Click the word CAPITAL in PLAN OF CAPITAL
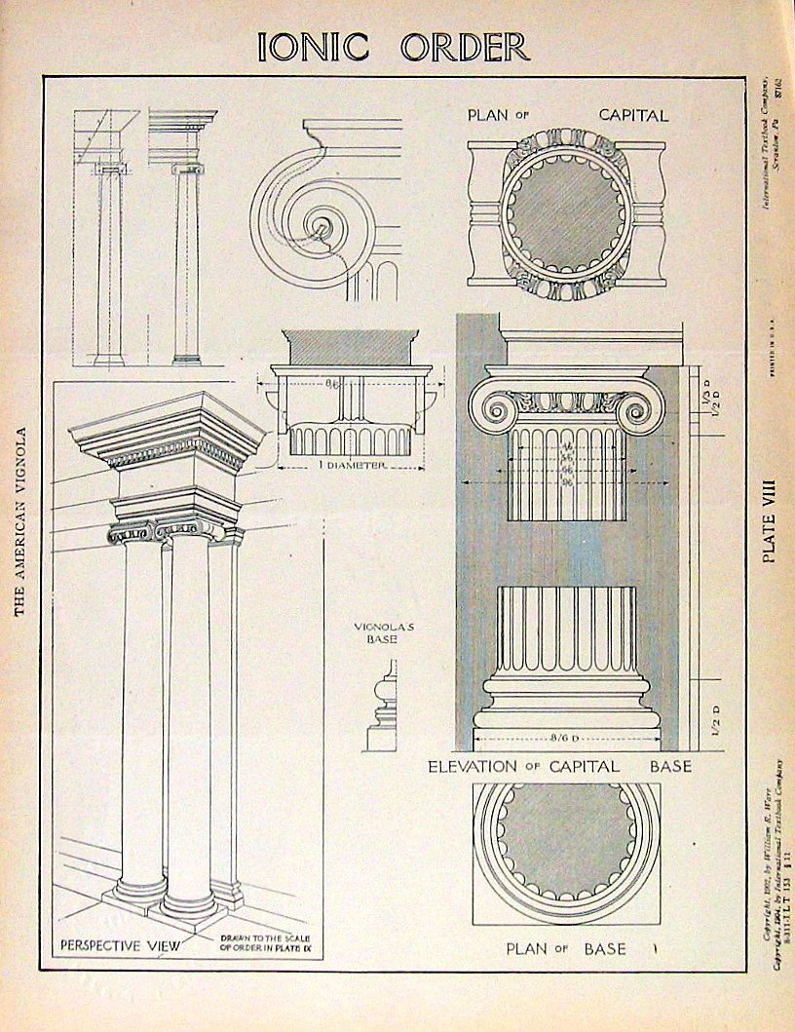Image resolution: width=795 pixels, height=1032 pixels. [633, 115]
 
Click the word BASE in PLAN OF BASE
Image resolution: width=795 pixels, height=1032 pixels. [606, 948]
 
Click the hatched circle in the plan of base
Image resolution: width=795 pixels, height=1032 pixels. [567, 839]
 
